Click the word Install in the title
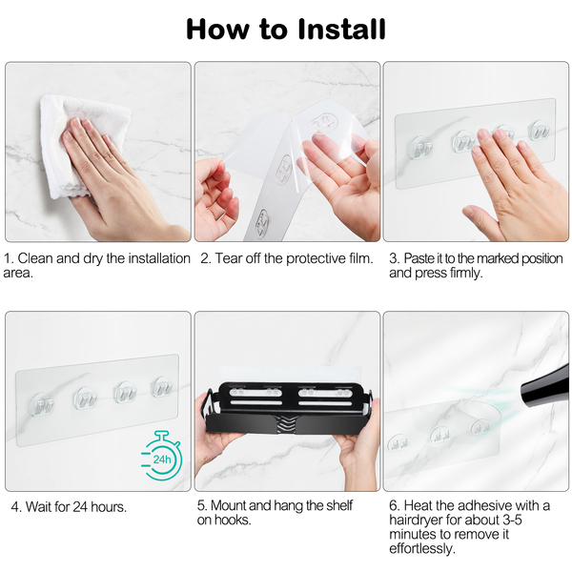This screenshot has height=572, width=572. coord(341,29)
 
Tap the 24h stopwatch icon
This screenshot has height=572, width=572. coord(161,456)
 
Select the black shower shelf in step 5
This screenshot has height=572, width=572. coord(288,409)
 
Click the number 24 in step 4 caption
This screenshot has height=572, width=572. coord(80,507)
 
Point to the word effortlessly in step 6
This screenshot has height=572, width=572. coord(422,549)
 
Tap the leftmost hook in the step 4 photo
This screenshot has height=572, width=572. coord(40,404)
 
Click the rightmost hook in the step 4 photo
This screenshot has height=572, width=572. coord(162,387)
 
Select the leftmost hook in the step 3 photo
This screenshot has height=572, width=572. coord(420,147)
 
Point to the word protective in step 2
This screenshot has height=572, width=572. coord(316,258)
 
